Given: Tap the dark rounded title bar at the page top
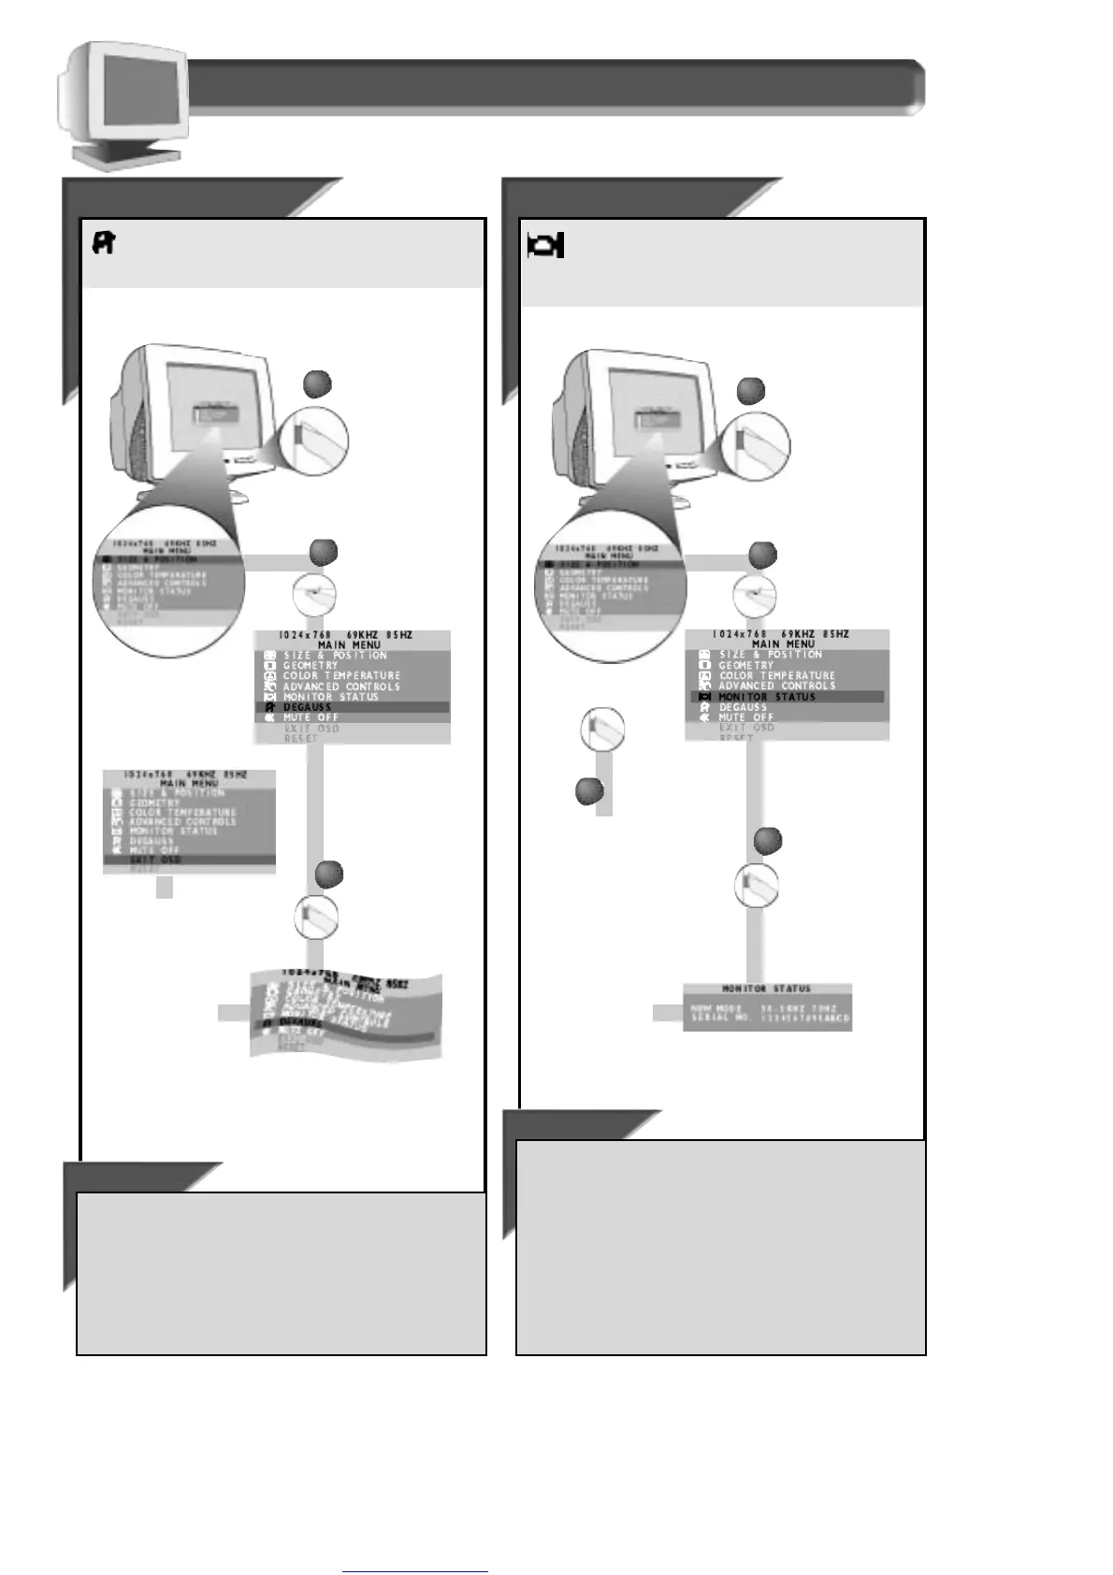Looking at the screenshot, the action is point(552,87).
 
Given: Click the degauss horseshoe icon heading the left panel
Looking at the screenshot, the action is point(103,244).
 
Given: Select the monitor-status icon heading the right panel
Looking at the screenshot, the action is point(546,245).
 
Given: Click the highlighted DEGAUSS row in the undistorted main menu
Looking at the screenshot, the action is point(352,707).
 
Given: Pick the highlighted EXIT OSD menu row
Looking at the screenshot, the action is point(189,859).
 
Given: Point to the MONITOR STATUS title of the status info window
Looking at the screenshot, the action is point(766,989).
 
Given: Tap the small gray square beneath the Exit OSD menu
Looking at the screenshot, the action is point(165,889).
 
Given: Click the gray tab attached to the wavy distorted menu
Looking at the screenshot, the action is point(233,1012).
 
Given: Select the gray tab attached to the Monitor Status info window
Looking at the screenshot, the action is point(667,1012).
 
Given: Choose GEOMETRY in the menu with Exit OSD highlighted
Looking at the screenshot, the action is point(154,802).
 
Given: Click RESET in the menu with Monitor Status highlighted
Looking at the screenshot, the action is point(736,737).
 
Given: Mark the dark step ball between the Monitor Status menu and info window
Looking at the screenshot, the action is point(768,840).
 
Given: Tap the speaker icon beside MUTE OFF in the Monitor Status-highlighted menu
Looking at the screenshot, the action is point(704,717).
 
